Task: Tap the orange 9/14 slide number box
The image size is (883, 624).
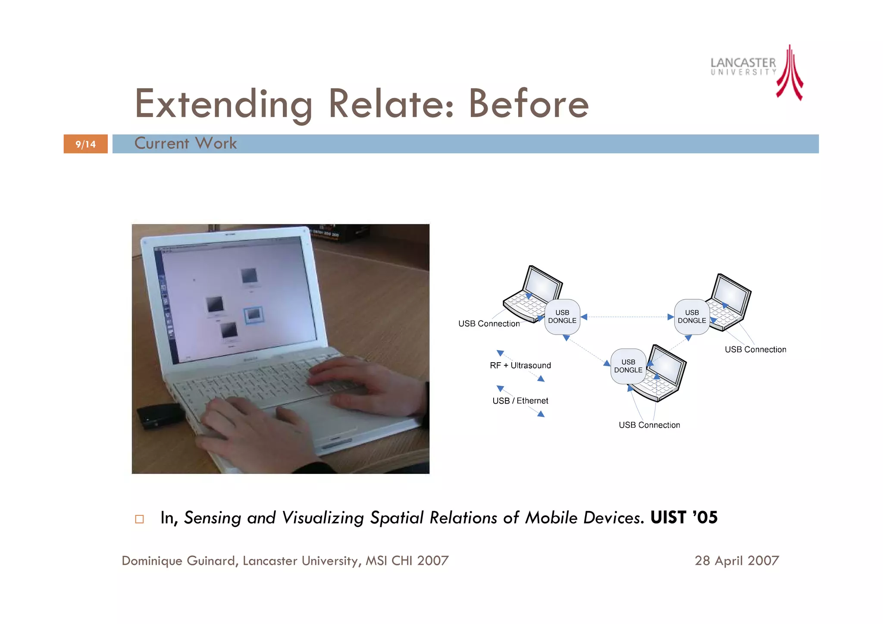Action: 85,144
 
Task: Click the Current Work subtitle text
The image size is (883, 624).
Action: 185,143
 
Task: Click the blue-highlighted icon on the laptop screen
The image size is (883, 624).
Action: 253,315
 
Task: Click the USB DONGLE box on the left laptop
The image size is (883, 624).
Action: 562,317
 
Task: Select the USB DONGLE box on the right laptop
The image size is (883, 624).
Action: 692,317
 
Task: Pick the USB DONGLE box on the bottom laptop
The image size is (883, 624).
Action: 628,366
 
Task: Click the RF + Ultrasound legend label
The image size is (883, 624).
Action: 520,365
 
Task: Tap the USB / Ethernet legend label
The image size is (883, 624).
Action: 520,401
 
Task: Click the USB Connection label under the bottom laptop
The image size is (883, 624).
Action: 649,425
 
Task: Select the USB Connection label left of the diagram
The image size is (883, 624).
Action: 488,323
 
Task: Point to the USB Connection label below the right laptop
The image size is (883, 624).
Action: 755,349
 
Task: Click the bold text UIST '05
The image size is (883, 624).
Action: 684,517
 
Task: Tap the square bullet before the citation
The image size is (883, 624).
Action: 139,519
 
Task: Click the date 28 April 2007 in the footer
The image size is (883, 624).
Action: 736,561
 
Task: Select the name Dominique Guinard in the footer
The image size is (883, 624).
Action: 178,561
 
